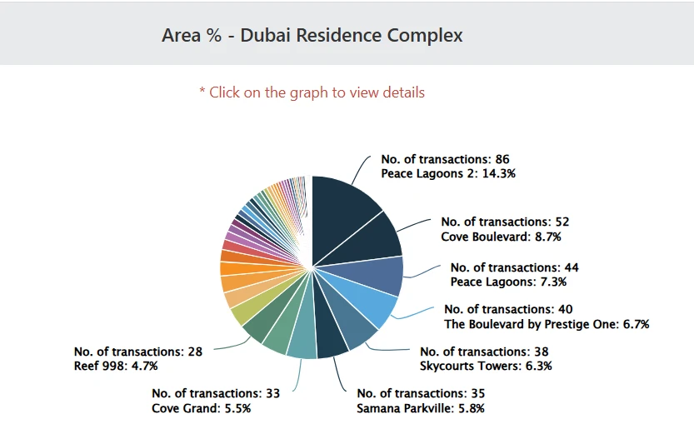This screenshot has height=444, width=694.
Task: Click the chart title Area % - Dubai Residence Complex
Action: coord(312,36)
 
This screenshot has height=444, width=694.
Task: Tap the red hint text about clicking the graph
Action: coord(312,92)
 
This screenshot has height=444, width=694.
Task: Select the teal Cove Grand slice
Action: coord(302,341)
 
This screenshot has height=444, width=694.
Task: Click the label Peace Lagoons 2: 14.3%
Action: coord(448,174)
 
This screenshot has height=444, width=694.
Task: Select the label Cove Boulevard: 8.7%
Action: coord(501,237)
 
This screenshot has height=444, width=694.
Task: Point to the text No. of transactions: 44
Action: coord(514,267)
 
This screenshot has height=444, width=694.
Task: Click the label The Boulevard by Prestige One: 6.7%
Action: coord(547,324)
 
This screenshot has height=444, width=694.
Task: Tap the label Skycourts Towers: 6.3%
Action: coord(486,366)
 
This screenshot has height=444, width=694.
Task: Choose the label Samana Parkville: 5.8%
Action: coord(420,408)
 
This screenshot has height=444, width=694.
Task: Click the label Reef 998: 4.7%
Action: coord(116,366)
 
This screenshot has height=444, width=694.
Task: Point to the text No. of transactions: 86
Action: coord(445,159)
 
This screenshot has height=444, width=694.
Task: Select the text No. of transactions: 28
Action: coord(138,352)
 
